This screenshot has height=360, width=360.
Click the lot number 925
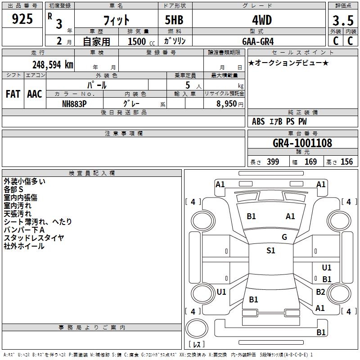(22, 18)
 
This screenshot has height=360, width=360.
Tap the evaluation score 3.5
(343, 20)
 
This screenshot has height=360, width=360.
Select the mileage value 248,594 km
(53, 65)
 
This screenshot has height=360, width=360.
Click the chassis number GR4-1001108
(302, 143)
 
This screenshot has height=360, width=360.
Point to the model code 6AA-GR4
(258, 41)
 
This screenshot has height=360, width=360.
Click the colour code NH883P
(74, 104)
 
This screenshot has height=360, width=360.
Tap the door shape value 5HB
(174, 20)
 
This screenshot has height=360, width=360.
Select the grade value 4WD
(262, 20)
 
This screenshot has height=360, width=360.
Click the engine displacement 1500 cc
(141, 41)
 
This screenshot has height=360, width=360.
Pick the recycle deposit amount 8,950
(226, 104)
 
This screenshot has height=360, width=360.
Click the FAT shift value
(13, 94)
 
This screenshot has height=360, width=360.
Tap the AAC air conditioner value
(35, 94)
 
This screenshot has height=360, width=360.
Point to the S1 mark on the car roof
(271, 251)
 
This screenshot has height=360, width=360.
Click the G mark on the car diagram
(284, 237)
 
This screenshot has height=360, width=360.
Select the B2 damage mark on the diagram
(320, 292)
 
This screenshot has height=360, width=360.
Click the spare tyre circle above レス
(197, 328)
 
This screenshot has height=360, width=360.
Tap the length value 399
(273, 162)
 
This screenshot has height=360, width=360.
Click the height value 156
(346, 162)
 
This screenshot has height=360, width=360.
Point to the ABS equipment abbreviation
(258, 121)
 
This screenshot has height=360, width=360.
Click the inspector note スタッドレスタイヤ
(34, 238)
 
